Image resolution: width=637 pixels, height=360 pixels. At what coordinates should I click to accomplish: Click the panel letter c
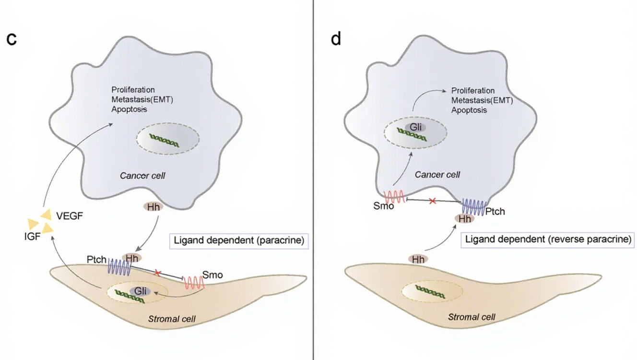tap(12, 39)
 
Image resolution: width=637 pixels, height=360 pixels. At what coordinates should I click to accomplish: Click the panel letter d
tap(336, 38)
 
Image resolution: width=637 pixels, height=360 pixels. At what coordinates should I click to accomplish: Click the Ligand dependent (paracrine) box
tap(239, 240)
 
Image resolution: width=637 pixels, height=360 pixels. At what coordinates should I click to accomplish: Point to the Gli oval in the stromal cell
tap(140, 291)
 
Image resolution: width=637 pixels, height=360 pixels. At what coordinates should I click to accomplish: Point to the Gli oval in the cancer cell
tap(413, 127)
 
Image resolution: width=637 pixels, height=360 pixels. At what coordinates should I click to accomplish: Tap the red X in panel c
tap(157, 273)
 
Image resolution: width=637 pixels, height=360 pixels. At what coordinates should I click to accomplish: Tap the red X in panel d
tap(432, 201)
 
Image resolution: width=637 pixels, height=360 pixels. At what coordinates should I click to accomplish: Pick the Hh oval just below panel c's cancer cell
tap(153, 207)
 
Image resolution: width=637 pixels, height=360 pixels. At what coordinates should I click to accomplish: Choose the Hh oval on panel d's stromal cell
tap(418, 259)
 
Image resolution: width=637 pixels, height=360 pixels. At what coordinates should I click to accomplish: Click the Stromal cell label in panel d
tap(471, 317)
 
